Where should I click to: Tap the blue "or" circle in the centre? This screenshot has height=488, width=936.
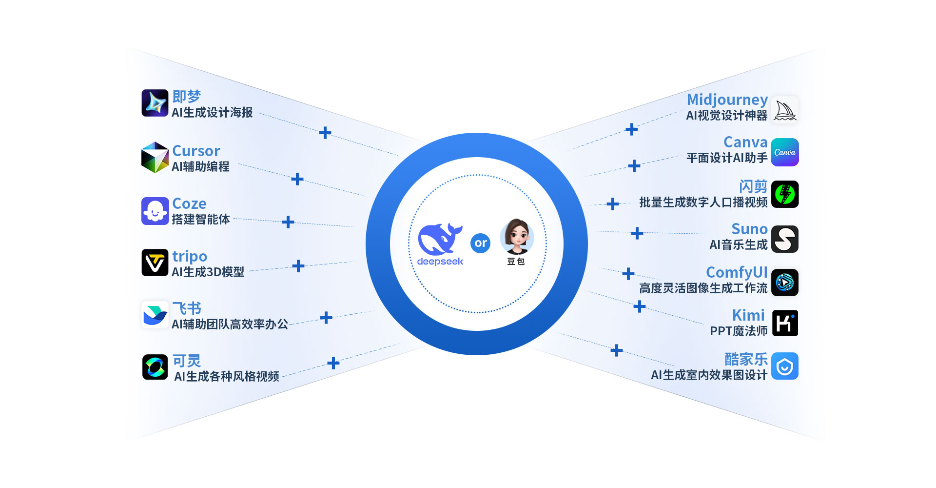click(480, 243)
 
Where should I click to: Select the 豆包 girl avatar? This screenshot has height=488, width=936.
click(517, 237)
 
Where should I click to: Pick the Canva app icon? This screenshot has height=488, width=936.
click(785, 152)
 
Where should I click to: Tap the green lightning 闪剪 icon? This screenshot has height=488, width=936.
click(785, 194)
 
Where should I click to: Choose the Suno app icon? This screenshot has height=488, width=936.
click(785, 239)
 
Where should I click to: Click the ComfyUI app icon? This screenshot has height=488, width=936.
click(785, 283)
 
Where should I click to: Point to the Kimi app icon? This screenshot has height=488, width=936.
click(785, 323)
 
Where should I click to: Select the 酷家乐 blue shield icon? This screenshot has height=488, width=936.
click(785, 366)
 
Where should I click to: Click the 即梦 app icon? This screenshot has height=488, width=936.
click(155, 103)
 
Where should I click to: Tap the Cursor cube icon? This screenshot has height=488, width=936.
click(155, 157)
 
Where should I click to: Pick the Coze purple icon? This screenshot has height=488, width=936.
click(155, 211)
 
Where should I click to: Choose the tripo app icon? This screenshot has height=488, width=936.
click(155, 263)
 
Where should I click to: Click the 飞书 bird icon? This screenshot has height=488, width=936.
click(155, 315)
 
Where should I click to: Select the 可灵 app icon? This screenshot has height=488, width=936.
click(155, 367)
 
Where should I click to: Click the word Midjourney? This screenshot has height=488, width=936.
click(727, 100)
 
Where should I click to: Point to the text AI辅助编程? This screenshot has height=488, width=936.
click(200, 167)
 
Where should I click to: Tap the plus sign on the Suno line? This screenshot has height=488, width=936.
click(637, 233)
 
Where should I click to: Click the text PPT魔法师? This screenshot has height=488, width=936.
click(739, 331)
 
